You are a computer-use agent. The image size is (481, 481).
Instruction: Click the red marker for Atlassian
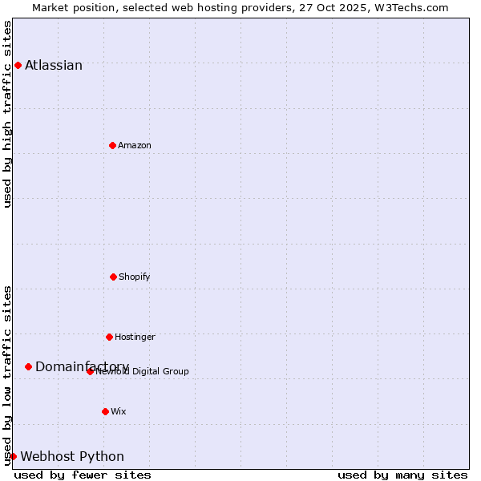click(18, 65)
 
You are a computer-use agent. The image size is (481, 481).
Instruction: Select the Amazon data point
click(112, 145)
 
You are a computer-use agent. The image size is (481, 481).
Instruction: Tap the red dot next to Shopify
click(113, 277)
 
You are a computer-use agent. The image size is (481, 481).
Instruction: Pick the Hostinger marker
click(109, 337)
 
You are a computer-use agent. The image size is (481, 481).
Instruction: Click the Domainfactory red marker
click(28, 366)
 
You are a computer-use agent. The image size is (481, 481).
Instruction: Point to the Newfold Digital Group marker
click(90, 371)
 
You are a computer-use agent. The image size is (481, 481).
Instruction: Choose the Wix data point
click(105, 411)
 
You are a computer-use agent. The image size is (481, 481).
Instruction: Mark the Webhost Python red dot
click(13, 456)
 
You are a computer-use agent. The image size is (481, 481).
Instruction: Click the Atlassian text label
click(54, 65)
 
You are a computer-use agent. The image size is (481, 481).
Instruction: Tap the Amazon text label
click(135, 145)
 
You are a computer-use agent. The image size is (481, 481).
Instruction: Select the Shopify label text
click(135, 277)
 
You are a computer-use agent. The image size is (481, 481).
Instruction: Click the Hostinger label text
click(135, 337)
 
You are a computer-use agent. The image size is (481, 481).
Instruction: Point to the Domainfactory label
click(82, 366)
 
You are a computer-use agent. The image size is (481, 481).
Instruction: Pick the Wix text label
click(119, 411)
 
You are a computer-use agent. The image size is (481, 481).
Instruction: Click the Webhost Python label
click(72, 456)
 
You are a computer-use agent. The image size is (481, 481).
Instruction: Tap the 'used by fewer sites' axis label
click(83, 475)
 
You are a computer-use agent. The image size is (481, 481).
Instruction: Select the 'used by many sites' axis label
click(402, 475)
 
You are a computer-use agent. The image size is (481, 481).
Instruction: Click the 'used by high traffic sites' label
click(7, 114)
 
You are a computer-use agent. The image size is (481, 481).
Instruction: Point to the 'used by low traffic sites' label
click(7, 375)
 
